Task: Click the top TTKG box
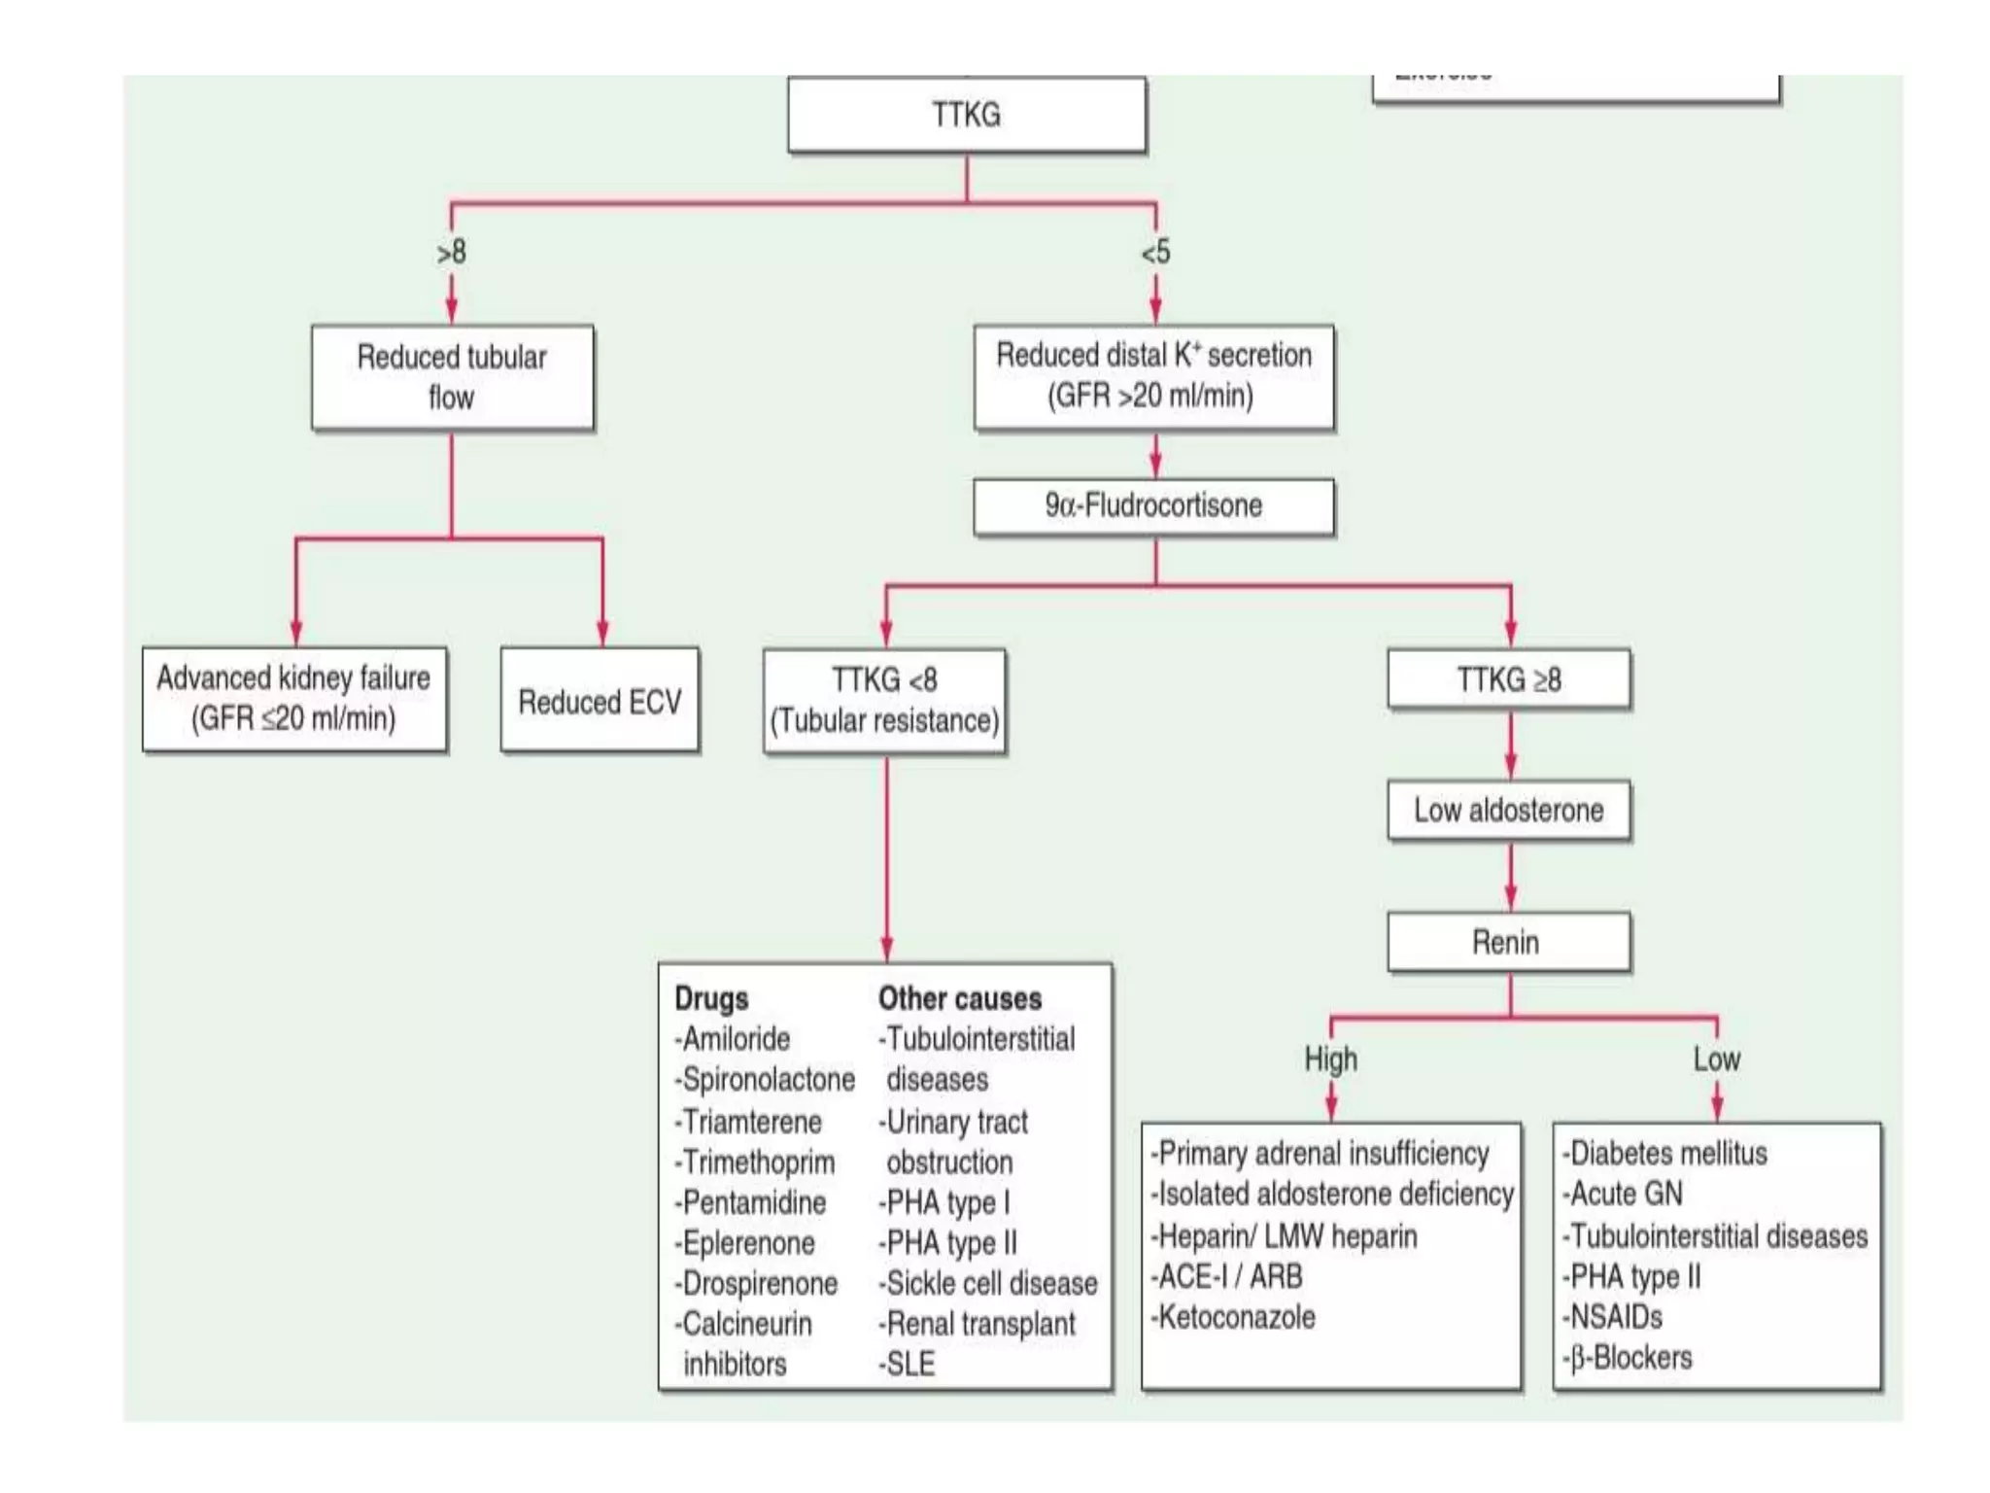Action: (966, 115)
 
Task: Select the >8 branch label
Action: (452, 253)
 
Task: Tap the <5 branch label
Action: (1155, 253)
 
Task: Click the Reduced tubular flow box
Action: (452, 377)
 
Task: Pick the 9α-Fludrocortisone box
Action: (1153, 505)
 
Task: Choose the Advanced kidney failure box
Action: (294, 699)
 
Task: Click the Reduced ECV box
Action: (600, 701)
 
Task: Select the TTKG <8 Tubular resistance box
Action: (884, 701)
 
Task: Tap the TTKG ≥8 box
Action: (1508, 679)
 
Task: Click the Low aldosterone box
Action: (1508, 810)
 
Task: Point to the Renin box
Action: (1508, 942)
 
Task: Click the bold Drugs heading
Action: (711, 998)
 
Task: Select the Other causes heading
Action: (959, 998)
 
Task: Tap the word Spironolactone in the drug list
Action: (768, 1079)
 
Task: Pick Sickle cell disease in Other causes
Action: (990, 1283)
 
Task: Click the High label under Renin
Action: (1330, 1059)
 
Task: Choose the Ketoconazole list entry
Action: (1235, 1317)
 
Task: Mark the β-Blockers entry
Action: (1629, 1357)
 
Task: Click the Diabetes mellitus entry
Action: (1665, 1153)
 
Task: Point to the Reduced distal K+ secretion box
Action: (1153, 376)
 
